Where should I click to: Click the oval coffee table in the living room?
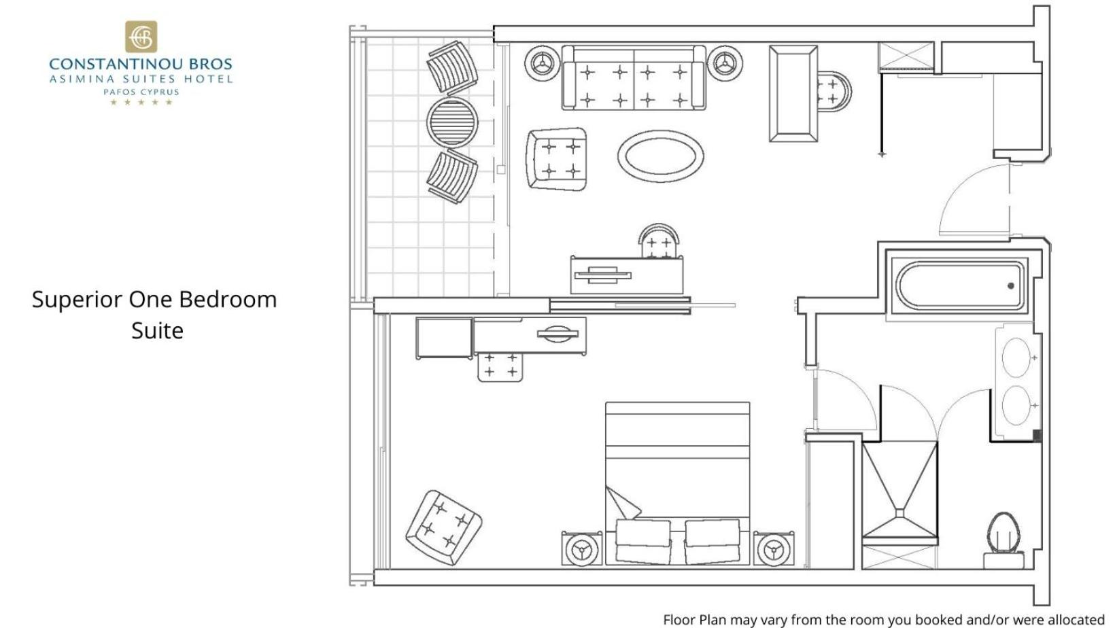[x=661, y=156]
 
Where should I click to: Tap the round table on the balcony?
[x=452, y=122]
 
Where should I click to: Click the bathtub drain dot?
[x=1011, y=285]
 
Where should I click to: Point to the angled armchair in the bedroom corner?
[x=443, y=527]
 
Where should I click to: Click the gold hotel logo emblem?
[x=141, y=36]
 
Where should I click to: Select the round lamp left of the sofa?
[x=542, y=63]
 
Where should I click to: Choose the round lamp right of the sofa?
[x=725, y=63]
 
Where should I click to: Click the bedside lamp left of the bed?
[x=581, y=548]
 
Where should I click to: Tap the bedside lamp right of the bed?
[x=774, y=548]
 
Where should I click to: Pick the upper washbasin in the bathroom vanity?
[x=1016, y=357]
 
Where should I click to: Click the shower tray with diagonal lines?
[x=899, y=491]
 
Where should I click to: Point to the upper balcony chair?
[x=452, y=68]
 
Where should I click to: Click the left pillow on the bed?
[x=642, y=541]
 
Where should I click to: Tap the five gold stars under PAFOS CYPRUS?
[x=141, y=102]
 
